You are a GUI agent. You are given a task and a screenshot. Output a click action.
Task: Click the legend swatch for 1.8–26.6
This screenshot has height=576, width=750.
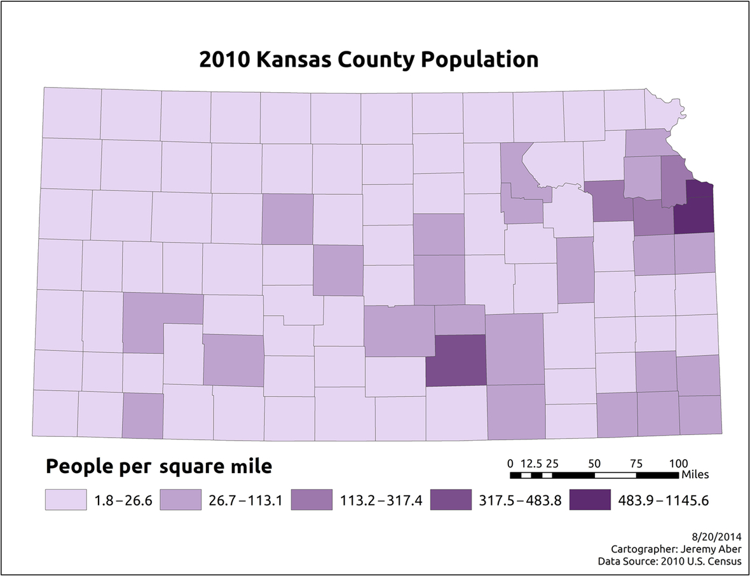(x=66, y=500)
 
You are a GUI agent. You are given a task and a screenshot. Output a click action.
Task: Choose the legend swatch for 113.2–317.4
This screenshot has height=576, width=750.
(x=312, y=500)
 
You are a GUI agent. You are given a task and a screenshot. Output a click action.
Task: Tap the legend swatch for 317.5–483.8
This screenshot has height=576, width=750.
(x=451, y=500)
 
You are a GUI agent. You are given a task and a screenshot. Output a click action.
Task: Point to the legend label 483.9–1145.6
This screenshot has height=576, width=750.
(x=663, y=500)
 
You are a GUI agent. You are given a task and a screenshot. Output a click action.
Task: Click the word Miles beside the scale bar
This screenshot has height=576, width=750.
(x=695, y=474)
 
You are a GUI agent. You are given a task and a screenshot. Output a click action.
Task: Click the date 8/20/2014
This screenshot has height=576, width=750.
(x=719, y=537)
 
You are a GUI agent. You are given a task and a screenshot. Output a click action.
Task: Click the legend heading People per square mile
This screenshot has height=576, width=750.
(x=159, y=467)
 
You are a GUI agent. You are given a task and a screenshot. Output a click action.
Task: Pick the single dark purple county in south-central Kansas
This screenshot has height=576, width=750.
(x=456, y=360)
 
